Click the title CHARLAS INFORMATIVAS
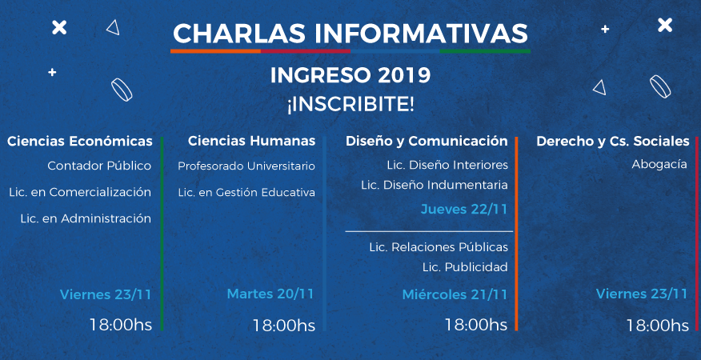(350, 34)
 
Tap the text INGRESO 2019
(350, 75)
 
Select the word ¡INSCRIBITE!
(350, 104)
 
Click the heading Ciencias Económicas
(80, 142)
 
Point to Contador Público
(99, 166)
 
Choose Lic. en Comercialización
(80, 192)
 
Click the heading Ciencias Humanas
(252, 141)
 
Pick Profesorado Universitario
(246, 166)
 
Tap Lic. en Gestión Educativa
(246, 193)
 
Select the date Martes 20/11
(270, 294)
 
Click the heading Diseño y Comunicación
(427, 142)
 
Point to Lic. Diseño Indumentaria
(434, 185)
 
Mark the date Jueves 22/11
(464, 210)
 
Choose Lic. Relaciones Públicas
(439, 247)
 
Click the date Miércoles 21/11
(455, 294)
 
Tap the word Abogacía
(659, 165)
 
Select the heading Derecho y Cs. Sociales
(613, 142)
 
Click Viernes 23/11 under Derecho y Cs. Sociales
(642, 294)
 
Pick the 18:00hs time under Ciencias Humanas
(284, 326)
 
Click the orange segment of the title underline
(215, 51)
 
